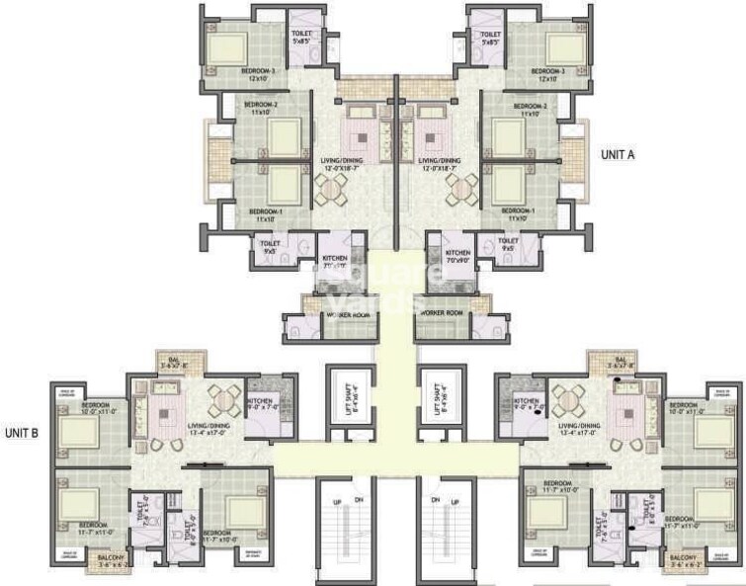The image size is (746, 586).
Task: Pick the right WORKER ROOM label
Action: [442, 312]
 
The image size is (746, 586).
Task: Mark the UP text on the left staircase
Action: [337, 502]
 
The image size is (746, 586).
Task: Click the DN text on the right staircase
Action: [458, 502]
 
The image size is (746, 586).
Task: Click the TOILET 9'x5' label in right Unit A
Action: [508, 244]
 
